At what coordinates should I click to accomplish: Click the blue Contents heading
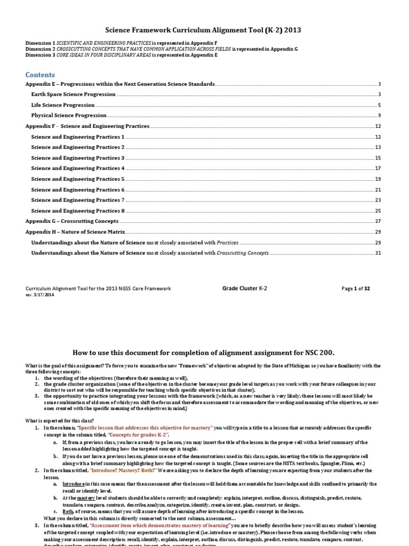click(x=40, y=75)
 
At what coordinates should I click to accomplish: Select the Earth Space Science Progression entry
click(x=73, y=94)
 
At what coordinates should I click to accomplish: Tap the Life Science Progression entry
click(x=63, y=105)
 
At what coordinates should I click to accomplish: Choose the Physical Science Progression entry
click(x=69, y=115)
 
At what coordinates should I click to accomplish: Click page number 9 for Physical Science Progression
click(x=379, y=116)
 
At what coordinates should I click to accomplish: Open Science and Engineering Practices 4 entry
click(x=78, y=168)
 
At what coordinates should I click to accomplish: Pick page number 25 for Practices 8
click(x=378, y=211)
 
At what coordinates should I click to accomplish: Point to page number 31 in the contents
click(x=378, y=253)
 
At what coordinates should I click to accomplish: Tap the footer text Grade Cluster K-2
click(x=244, y=288)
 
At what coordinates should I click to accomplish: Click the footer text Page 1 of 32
click(x=355, y=288)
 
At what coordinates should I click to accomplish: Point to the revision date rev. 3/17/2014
click(x=40, y=294)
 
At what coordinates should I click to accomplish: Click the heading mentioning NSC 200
click(x=204, y=352)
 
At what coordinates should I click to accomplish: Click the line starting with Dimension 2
click(x=161, y=49)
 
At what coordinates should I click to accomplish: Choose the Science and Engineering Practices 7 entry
click(x=78, y=200)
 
